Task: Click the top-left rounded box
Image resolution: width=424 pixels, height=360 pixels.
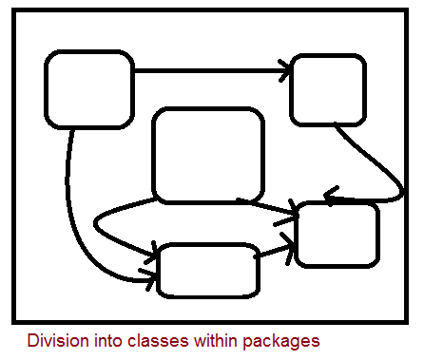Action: [89, 90]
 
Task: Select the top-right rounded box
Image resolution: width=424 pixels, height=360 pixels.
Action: [328, 90]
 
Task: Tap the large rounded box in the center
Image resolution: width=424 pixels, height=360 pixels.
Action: [208, 155]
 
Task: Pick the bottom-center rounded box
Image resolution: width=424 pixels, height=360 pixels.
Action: [209, 270]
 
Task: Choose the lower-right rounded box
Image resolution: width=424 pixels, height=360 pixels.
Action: [337, 234]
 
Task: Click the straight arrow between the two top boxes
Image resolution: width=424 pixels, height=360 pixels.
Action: [209, 69]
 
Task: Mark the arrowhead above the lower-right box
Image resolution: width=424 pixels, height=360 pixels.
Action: [331, 197]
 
